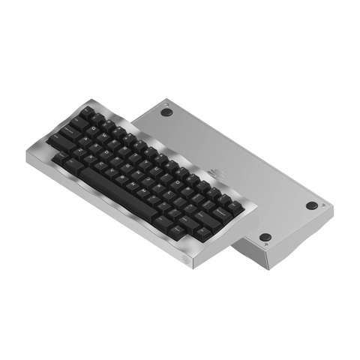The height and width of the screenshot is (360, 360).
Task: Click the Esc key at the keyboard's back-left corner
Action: [88, 112]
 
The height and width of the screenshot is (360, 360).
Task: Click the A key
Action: [84, 143]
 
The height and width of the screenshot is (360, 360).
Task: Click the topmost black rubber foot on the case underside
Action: [167, 111]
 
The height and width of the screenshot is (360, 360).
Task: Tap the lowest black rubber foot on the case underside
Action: [265, 238]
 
